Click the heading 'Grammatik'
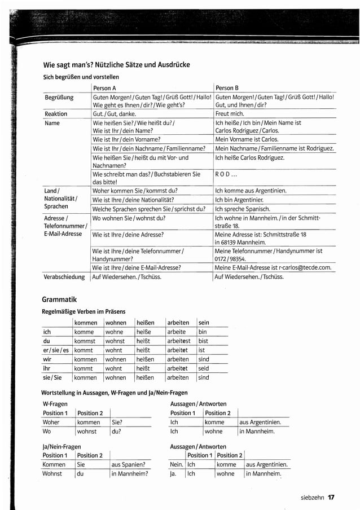59,299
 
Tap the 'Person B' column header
227,88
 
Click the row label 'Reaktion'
56,113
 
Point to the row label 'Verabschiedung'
64,277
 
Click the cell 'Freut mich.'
230,113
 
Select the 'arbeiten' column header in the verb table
178,323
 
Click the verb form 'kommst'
85,341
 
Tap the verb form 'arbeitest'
179,341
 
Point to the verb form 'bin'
203,332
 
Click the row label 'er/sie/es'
56,350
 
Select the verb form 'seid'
204,368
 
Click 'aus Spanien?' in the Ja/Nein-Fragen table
128,464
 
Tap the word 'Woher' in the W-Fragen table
51,422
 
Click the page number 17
331,497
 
